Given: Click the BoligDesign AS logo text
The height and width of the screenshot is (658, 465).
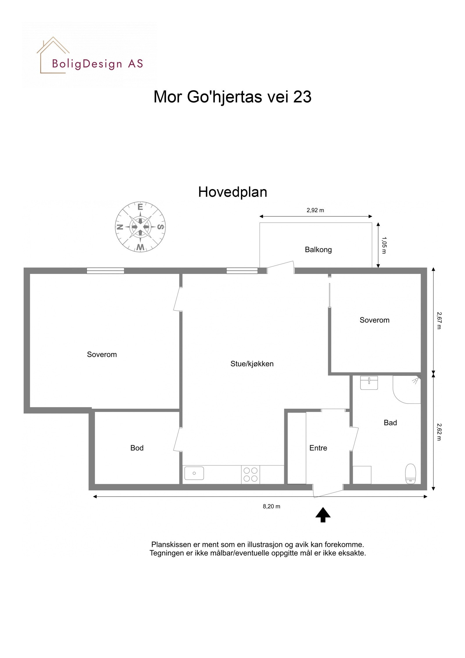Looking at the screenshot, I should pyautogui.click(x=97, y=64).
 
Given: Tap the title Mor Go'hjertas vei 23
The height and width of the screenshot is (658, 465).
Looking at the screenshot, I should pyautogui.click(x=232, y=97).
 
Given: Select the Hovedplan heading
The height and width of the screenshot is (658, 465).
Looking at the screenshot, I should pyautogui.click(x=233, y=192).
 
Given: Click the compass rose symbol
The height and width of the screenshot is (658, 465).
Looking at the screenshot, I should pyautogui.click(x=140, y=227).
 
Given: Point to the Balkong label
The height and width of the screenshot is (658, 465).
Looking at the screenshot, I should pyautogui.click(x=318, y=249).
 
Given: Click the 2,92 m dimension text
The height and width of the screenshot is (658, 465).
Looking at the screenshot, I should pyautogui.click(x=315, y=210).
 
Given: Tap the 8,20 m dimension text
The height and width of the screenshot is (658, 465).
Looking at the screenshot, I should pyautogui.click(x=271, y=506).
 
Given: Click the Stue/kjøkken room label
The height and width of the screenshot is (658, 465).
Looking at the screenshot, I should pyautogui.click(x=252, y=364).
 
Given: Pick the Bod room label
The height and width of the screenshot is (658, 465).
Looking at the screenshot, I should pyautogui.click(x=137, y=448).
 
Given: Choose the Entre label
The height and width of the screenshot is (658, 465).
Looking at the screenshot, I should pyautogui.click(x=318, y=448).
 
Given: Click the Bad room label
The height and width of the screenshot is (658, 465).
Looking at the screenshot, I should pyautogui.click(x=390, y=422).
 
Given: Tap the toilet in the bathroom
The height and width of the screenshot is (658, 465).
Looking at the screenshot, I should pyautogui.click(x=410, y=474).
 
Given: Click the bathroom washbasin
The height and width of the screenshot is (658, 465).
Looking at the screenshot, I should pyautogui.click(x=369, y=382).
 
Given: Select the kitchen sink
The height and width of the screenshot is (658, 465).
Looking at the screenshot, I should pyautogui.click(x=194, y=473).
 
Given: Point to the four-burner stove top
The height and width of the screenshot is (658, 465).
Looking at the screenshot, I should pyautogui.click(x=250, y=474).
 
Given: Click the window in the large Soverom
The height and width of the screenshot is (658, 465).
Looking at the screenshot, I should pyautogui.click(x=105, y=271).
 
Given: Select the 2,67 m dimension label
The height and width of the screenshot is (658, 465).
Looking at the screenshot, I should pyautogui.click(x=439, y=320).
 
